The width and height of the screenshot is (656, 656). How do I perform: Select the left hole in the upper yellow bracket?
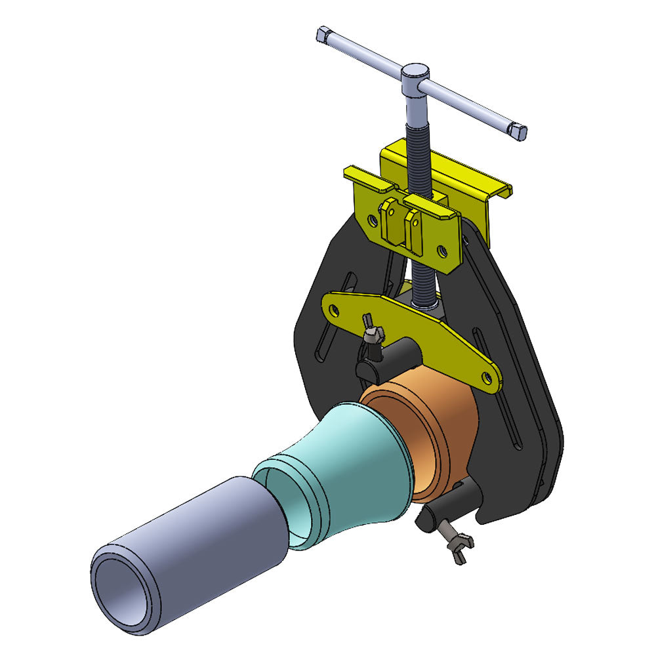pyautogui.click(x=373, y=222)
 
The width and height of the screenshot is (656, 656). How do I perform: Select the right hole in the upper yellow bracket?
pyautogui.click(x=443, y=250)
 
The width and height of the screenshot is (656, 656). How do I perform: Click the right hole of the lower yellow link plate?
pyautogui.click(x=486, y=377)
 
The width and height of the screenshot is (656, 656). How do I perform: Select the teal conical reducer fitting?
pyautogui.click(x=348, y=472)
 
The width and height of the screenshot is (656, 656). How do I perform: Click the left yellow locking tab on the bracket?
pyautogui.click(x=391, y=220)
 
